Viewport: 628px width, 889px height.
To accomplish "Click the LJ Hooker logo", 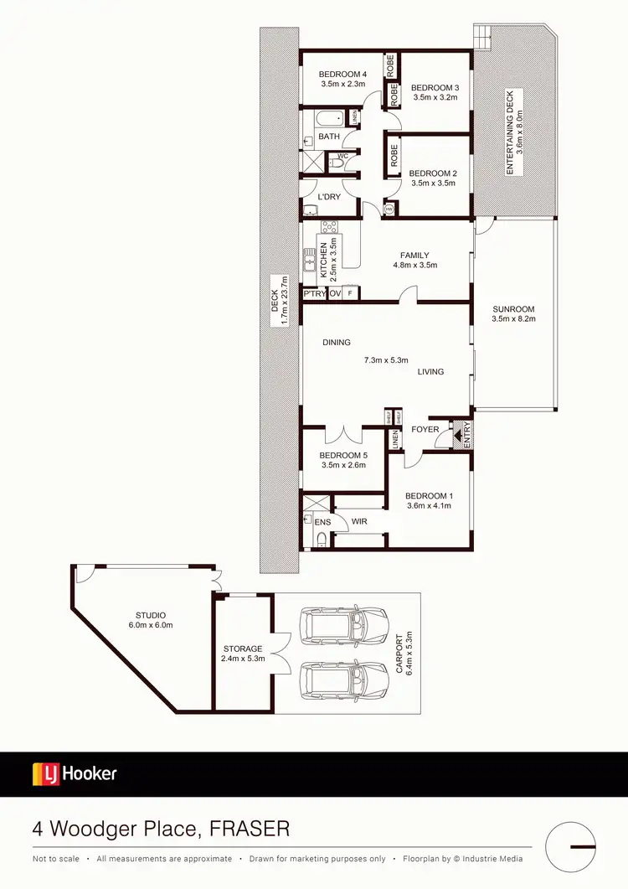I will pyautogui.click(x=75, y=773).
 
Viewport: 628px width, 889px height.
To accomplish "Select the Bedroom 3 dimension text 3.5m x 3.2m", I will pyautogui.click(x=435, y=97).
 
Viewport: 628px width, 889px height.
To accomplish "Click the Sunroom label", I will pyautogui.click(x=513, y=308).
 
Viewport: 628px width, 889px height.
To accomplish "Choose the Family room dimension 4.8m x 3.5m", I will pyautogui.click(x=414, y=265).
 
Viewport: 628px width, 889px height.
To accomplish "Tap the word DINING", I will pyautogui.click(x=337, y=342).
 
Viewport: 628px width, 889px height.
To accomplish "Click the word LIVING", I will pyautogui.click(x=430, y=371).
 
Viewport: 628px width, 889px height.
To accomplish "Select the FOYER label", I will pyautogui.click(x=425, y=429).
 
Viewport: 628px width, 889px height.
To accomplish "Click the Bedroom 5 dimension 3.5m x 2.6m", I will pyautogui.click(x=343, y=465).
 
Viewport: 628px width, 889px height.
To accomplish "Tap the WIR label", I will pyautogui.click(x=360, y=521).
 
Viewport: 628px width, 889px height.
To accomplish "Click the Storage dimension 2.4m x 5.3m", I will pyautogui.click(x=243, y=659).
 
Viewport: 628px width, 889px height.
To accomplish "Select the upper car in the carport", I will pyautogui.click(x=345, y=624).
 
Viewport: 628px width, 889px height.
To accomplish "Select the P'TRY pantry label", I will pyautogui.click(x=313, y=294).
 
